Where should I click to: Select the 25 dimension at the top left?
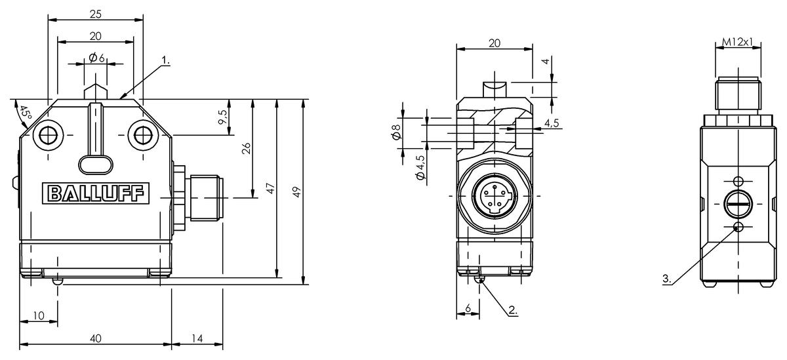point(96,14)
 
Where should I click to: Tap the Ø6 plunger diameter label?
point(97,58)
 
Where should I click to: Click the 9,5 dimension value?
point(223,118)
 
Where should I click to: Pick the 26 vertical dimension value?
point(247,149)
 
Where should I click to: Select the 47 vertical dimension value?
point(270,189)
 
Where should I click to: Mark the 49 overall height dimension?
point(296,192)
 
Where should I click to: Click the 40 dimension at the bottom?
point(96,338)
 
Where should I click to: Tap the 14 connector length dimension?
point(197,338)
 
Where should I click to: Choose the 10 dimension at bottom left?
point(38,316)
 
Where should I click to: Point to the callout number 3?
point(667,279)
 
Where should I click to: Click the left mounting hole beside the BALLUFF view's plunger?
point(48,135)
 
